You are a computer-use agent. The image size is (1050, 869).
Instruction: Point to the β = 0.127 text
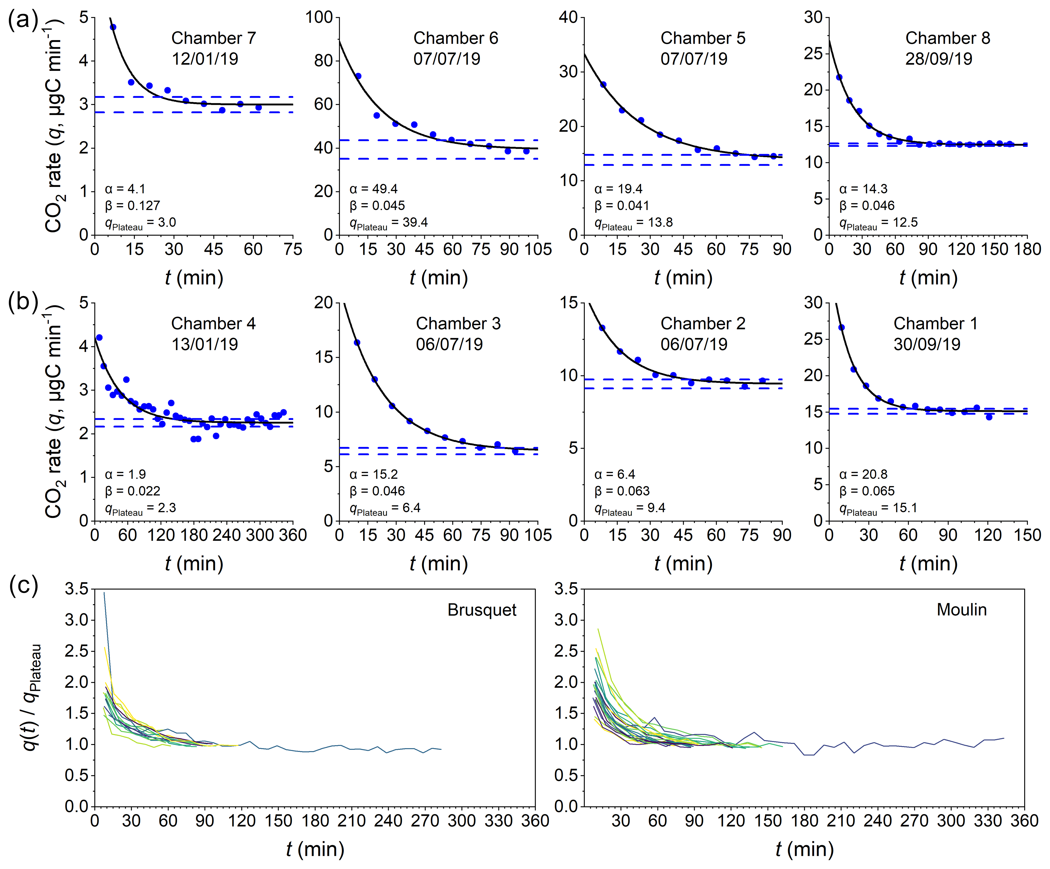click(132, 206)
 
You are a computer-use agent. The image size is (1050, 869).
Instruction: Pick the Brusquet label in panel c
click(482, 610)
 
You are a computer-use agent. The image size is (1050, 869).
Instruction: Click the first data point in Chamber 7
click(113, 27)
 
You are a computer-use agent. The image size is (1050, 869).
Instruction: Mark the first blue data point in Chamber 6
click(358, 76)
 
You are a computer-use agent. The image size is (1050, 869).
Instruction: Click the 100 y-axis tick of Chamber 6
click(319, 17)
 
